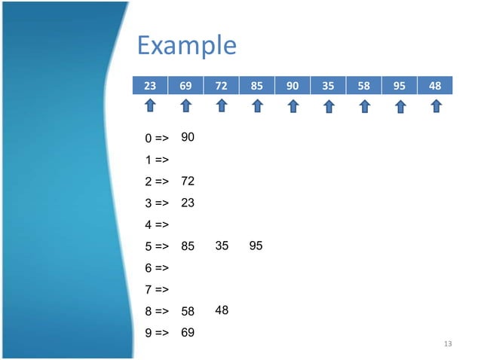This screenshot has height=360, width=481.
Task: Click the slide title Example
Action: point(186,46)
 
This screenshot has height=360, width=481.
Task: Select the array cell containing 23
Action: point(150,86)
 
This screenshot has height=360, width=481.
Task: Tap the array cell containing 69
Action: point(185,86)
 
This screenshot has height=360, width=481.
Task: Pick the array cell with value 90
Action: point(293,86)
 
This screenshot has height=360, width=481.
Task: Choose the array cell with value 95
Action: point(400,86)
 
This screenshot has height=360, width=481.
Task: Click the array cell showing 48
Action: point(435,86)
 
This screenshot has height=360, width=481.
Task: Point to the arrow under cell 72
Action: point(222,107)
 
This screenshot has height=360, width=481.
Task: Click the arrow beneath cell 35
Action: point(329,107)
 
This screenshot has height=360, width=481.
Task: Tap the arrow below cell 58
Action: point(364,107)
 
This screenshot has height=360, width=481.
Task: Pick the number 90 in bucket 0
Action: point(188,137)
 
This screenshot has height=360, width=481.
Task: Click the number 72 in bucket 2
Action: point(188,182)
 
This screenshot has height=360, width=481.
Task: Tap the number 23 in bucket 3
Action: point(188,203)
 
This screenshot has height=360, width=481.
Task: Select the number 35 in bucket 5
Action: point(222,246)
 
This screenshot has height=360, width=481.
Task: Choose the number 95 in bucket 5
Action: point(256,246)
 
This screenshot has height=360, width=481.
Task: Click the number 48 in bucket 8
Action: point(222,310)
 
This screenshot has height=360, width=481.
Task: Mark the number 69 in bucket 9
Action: point(188,331)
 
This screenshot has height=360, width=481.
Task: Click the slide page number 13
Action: point(449,344)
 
